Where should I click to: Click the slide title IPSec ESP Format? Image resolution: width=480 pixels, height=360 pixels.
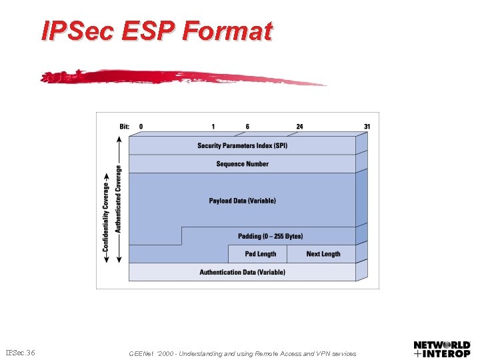[x=157, y=31]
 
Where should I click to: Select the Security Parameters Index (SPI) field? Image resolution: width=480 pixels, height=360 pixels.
[x=242, y=145]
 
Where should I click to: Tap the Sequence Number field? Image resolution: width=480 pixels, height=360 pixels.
[x=242, y=164]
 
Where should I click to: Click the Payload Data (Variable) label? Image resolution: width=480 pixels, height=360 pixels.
[x=242, y=201]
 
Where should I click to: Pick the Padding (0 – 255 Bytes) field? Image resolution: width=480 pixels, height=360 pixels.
[x=270, y=236]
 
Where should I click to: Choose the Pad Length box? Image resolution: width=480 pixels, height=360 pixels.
[x=259, y=254]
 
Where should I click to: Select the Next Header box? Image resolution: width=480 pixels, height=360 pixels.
[x=323, y=254]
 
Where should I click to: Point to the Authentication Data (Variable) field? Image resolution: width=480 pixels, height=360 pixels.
[x=242, y=272]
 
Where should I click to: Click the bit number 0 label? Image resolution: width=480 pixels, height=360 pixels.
[x=141, y=126]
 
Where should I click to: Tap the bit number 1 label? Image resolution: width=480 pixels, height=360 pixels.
[x=213, y=126]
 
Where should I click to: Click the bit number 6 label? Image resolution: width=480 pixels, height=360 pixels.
[x=247, y=126]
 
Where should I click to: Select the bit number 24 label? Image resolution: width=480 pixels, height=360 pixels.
[x=300, y=126]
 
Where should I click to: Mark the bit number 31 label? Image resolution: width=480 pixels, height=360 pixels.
[x=367, y=126]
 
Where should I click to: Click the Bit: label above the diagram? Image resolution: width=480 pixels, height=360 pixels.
[x=125, y=126]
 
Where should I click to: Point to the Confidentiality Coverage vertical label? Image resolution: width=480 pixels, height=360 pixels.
[x=106, y=213]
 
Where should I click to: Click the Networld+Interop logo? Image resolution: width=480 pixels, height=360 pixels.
[x=442, y=349]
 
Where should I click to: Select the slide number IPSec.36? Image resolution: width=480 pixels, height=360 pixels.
[x=21, y=352]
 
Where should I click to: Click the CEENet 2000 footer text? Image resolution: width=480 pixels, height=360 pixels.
[x=242, y=354]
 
